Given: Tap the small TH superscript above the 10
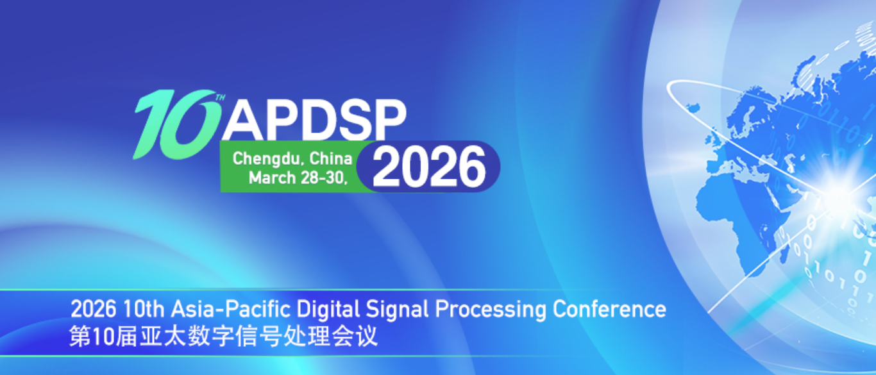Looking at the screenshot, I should [220, 98].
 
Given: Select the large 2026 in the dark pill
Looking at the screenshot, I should [428, 167].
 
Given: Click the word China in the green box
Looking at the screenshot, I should [331, 158].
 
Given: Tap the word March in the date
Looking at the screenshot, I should [271, 178].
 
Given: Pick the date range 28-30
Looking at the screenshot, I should [323, 178].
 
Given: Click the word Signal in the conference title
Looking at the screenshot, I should [398, 310].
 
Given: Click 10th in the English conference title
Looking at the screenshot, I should [143, 310].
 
